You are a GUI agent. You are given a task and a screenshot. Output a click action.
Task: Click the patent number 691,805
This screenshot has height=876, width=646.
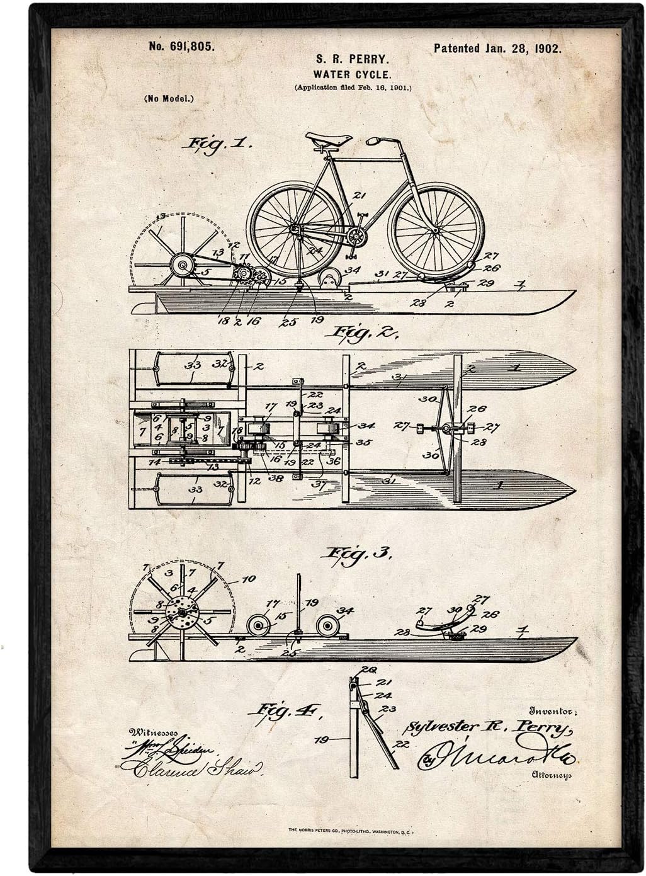[181, 46]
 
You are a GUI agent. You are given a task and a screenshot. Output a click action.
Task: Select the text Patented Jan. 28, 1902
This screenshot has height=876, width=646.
[497, 48]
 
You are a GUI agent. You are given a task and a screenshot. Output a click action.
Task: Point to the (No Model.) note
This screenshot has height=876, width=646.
[168, 98]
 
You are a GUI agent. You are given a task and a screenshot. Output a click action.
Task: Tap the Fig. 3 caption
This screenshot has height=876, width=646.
[355, 554]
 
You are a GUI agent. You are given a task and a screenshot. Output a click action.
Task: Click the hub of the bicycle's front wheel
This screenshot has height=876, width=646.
[436, 230]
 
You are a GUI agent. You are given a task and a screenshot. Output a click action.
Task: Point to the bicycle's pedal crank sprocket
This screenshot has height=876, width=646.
[356, 237]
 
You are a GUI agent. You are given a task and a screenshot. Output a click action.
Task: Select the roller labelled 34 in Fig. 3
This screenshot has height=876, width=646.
[329, 626]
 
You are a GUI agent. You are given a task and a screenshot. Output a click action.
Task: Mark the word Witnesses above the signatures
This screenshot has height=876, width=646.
[152, 732]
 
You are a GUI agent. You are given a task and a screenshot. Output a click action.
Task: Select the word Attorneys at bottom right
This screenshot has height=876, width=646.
[550, 776]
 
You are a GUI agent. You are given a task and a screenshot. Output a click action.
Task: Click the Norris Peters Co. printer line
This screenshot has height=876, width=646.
[349, 831]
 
